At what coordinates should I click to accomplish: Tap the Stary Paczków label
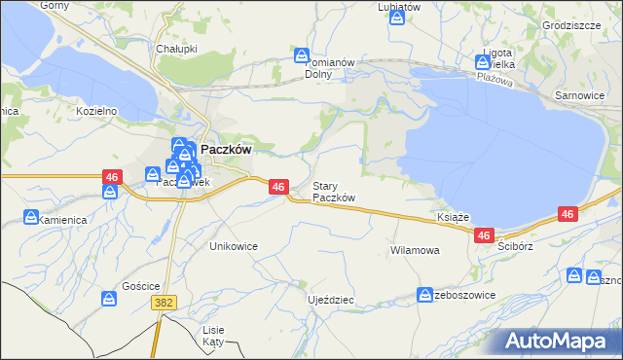(x=333, y=192)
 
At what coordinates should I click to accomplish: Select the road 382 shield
(x=164, y=304)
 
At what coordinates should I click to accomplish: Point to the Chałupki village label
(x=176, y=48)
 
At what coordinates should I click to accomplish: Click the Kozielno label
(x=96, y=111)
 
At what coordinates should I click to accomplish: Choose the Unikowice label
(x=234, y=246)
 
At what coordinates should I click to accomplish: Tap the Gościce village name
(x=140, y=286)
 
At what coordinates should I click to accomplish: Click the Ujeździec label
(x=330, y=300)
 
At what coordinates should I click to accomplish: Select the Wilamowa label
(x=415, y=250)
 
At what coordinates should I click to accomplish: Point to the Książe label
(x=455, y=217)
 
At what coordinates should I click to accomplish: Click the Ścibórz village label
(x=517, y=246)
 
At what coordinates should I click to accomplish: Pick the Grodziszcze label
(x=571, y=25)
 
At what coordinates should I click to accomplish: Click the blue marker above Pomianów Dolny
(x=302, y=56)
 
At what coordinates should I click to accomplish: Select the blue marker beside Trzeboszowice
(x=425, y=294)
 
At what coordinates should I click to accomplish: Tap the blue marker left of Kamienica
(x=30, y=218)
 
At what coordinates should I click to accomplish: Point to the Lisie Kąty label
(x=213, y=336)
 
